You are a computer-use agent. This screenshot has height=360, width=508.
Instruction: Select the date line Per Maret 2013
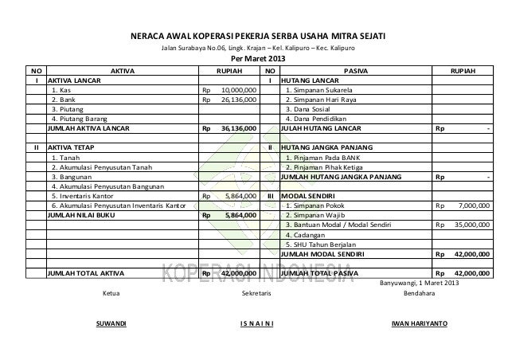(256, 59)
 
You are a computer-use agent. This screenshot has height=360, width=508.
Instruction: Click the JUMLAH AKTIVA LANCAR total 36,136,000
(239, 127)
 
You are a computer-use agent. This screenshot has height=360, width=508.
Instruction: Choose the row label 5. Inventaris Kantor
(84, 194)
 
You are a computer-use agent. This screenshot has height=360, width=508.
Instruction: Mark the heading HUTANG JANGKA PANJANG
(327, 147)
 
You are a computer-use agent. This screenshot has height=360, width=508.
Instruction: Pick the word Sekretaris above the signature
(256, 294)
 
